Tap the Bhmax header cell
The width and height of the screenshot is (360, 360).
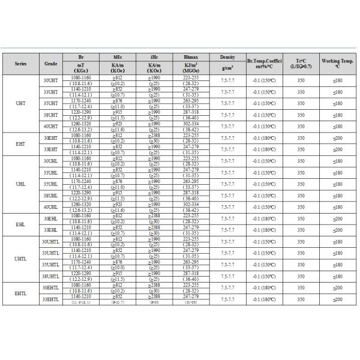coord(190,56)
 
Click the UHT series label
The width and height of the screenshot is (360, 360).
coord(20,103)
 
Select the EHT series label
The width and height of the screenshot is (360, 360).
coord(20,143)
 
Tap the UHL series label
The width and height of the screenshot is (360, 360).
coord(20,184)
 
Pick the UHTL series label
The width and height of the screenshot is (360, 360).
coord(20,259)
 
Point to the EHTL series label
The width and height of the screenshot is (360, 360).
coord(20,293)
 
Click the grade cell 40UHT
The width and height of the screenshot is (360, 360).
coord(51,126)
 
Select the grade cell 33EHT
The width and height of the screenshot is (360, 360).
coord(51,149)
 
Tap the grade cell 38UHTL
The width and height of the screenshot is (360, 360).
coord(51,276)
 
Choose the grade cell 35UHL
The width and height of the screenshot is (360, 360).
coord(51,184)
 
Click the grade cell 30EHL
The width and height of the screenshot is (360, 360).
coord(51,218)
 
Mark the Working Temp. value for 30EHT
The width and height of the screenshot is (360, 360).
coord(337,137)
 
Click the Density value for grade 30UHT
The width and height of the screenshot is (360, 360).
coord(227,80)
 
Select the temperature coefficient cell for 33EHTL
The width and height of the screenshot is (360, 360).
coord(264,299)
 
